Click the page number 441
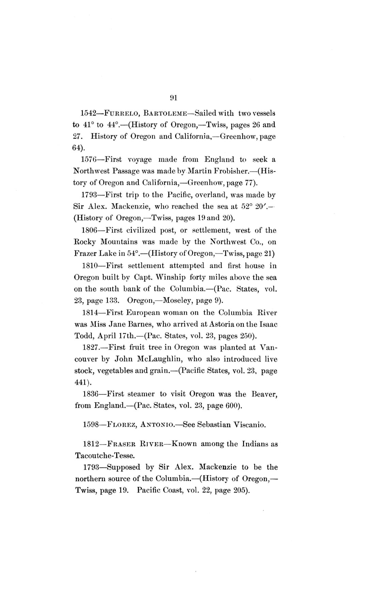pos(80,382)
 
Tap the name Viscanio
pos(249,425)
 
